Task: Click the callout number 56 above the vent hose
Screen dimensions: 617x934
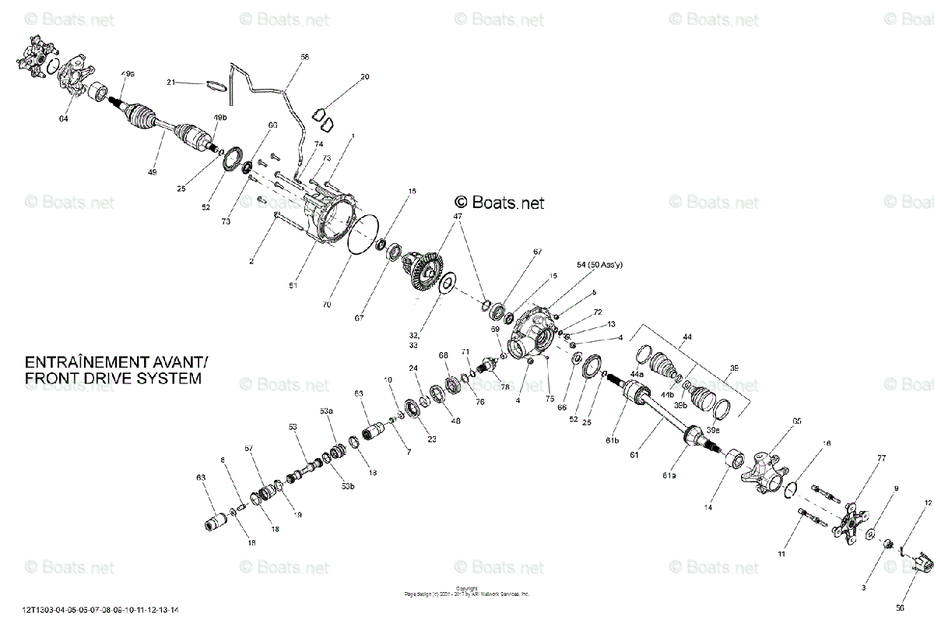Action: point(304,57)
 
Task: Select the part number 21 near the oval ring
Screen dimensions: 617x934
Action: point(171,82)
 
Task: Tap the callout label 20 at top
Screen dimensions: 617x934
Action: point(364,77)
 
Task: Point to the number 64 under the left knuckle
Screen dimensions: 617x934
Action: point(63,119)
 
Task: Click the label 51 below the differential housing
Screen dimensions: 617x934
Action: point(293,286)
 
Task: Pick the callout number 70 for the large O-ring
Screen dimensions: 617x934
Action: point(326,305)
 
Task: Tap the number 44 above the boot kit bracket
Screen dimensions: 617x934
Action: point(686,337)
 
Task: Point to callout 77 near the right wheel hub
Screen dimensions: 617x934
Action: point(881,459)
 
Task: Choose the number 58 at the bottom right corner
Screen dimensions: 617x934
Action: point(900,607)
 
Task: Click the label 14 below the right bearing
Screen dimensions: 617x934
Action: point(708,507)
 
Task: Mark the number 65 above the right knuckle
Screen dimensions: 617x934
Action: point(796,421)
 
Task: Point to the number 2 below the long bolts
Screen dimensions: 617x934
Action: point(251,262)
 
